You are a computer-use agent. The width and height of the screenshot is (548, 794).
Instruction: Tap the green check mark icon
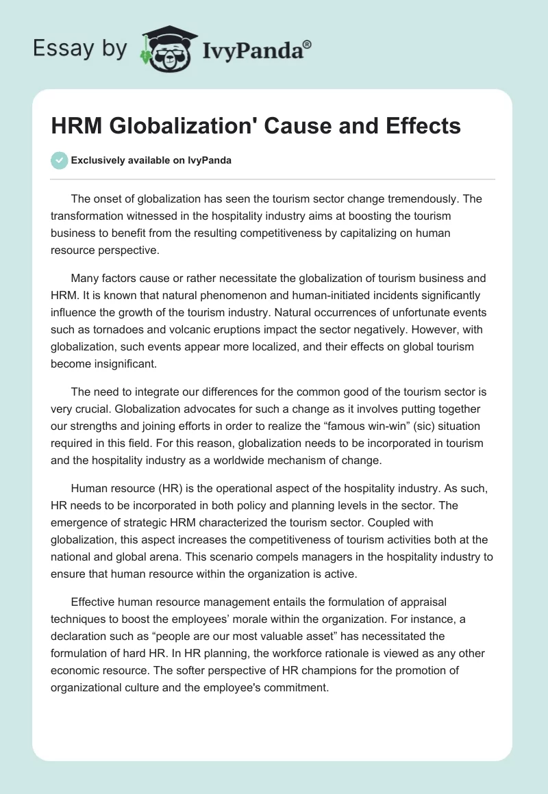click(x=59, y=160)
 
